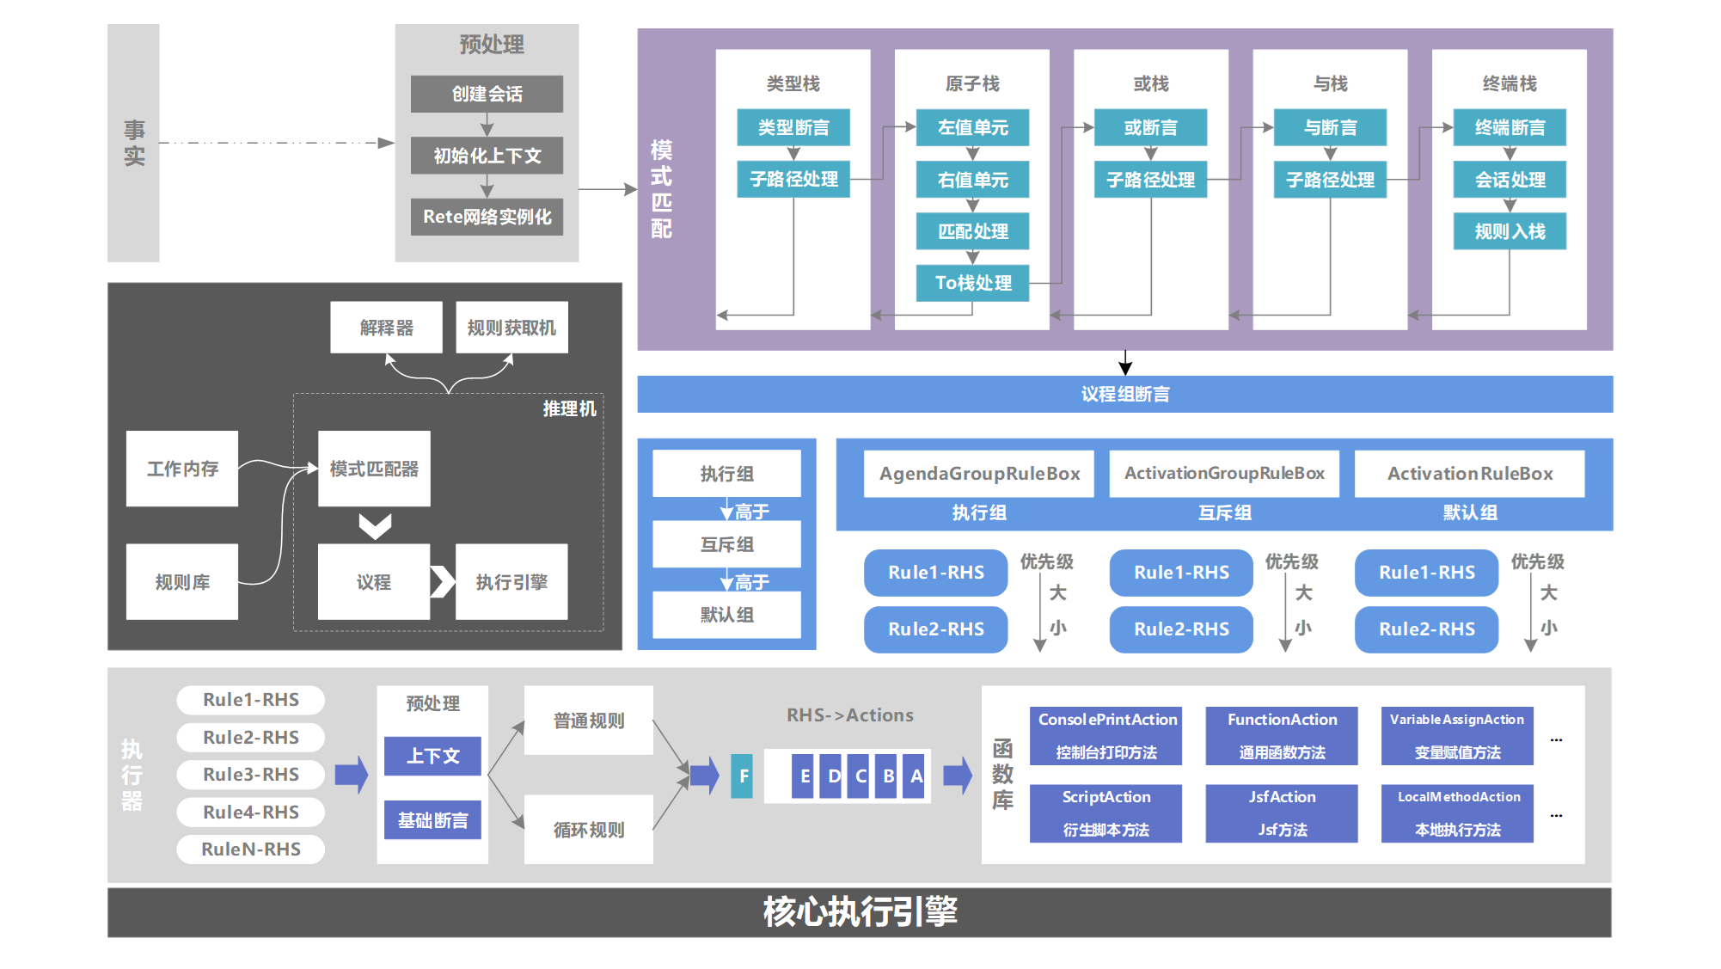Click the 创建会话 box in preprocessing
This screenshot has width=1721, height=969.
coord(487,94)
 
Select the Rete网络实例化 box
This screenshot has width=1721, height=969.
coord(487,217)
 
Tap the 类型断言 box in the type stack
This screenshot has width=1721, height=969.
coord(793,127)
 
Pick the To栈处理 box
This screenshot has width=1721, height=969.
coord(972,283)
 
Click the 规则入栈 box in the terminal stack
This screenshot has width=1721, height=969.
coord(1509,231)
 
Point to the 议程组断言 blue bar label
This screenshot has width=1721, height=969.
coord(1124,395)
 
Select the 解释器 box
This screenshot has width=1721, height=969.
coord(386,328)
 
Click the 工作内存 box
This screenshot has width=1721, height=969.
coord(182,469)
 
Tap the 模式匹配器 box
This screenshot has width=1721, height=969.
coord(374,469)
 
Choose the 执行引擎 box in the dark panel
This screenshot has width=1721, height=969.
coord(511,582)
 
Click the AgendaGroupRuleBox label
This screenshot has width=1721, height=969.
coord(979,474)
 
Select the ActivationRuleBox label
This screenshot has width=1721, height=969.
coord(1469,474)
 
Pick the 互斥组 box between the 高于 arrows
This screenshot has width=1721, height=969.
coord(726,544)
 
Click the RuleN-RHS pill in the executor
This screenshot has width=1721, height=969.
coord(251,849)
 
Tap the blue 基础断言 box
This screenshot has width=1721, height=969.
coord(432,820)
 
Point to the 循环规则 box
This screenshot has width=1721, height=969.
coord(589,830)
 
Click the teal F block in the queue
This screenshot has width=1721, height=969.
coord(743,776)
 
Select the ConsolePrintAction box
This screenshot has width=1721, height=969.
coord(1106,735)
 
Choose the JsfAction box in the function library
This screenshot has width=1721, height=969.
coord(1281,813)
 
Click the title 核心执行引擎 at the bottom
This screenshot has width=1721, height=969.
coord(860,912)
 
